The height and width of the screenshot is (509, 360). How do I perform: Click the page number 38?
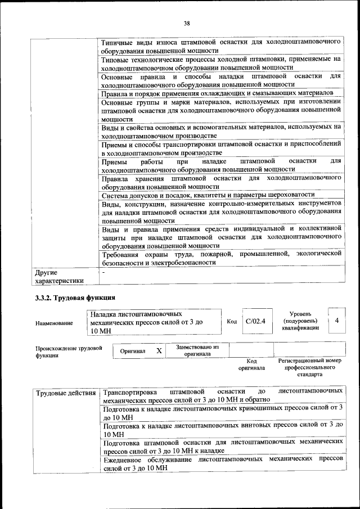187,23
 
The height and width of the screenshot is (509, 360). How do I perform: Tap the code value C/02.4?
255,321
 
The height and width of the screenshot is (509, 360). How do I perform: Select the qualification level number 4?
336,320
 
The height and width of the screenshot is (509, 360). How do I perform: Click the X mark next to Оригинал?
159,350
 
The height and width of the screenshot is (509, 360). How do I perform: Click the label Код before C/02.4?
232,322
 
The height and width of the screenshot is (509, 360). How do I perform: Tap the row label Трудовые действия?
65,392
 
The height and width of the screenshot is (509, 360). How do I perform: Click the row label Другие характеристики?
59,276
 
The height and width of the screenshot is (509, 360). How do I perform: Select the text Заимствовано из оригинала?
197,350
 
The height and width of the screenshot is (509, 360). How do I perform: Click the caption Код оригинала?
251,364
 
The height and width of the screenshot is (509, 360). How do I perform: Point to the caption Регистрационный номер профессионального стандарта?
310,367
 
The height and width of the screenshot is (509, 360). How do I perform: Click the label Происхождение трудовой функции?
69,352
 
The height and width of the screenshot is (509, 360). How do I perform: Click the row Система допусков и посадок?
208,195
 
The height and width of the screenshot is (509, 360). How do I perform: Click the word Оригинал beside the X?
133,351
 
